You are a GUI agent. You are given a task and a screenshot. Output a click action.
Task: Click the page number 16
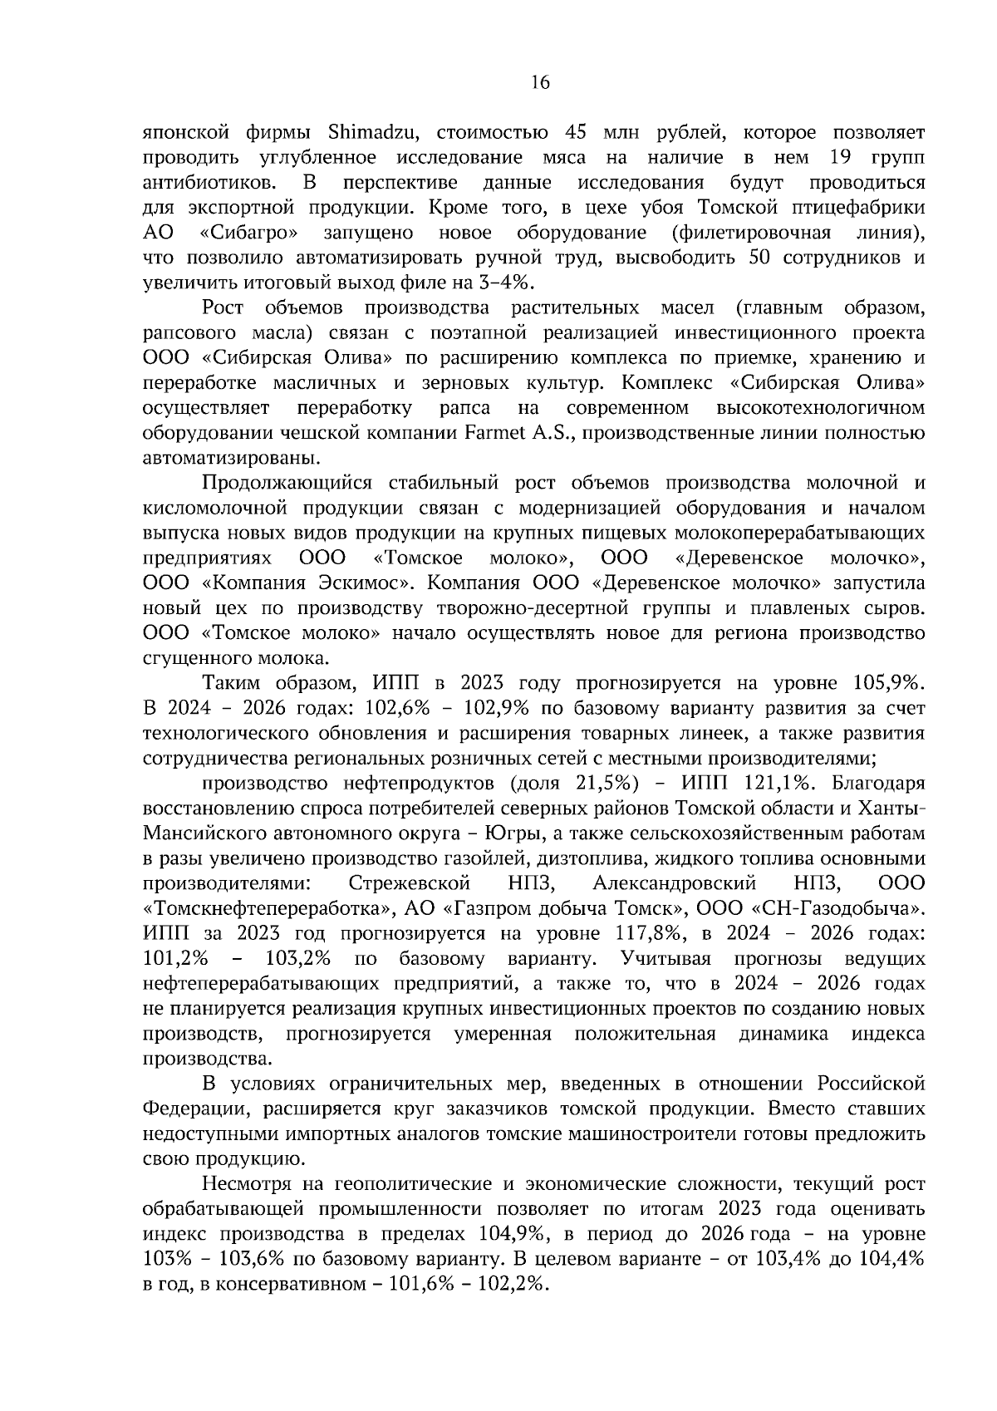click(x=539, y=82)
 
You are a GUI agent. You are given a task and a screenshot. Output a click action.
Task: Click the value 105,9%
click(x=888, y=684)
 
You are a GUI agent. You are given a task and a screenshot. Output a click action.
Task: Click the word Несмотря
click(x=261, y=1184)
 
